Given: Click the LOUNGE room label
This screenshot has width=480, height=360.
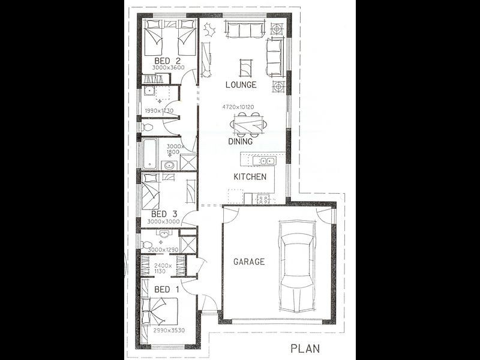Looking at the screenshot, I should click(241, 85).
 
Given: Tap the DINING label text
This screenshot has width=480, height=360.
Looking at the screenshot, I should click(240, 142).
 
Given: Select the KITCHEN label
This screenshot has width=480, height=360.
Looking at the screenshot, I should click(250, 177).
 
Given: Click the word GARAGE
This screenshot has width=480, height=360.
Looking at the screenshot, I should click(249, 262).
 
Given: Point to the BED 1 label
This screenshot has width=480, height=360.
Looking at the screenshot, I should click(166, 290).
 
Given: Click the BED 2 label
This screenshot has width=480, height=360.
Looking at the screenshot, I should click(167, 61).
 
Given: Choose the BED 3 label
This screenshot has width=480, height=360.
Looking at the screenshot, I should click(163, 214).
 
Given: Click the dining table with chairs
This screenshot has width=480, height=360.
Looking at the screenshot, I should click(248, 124).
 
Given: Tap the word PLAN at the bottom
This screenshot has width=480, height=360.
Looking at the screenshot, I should click(305, 348).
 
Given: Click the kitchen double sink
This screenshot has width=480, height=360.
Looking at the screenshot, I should click(263, 161).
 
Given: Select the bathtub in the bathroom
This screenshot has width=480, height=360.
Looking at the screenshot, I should click(150, 152).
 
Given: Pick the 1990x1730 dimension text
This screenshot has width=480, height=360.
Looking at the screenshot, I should click(160, 111).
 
